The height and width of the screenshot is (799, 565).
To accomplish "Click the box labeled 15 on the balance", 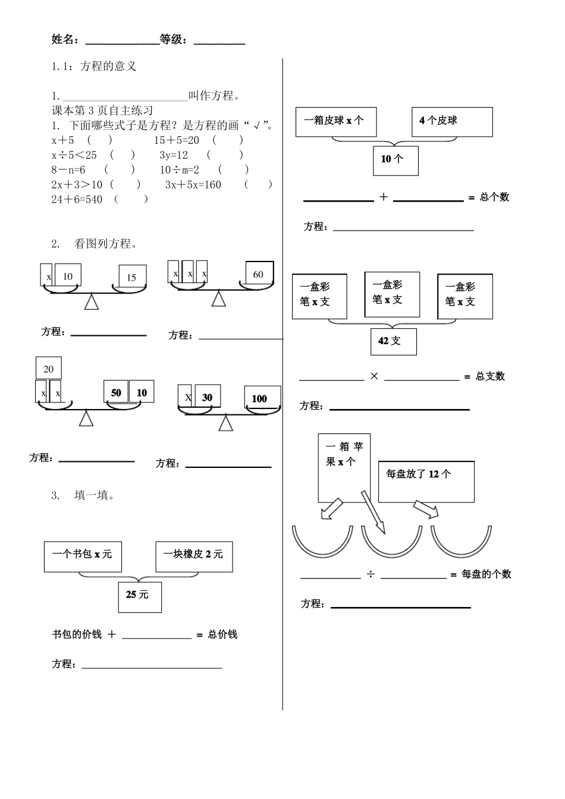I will coord(132,277).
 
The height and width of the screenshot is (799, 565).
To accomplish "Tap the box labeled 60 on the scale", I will coord(259,274).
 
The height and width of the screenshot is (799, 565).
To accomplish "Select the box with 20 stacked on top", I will coord(49,369).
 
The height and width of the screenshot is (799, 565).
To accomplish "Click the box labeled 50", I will coord(116,393).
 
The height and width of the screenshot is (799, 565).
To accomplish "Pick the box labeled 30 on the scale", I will coord(206,398).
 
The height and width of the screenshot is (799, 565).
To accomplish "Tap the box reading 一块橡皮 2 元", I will coord(194,556).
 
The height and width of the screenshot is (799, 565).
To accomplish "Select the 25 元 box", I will coord(139,595).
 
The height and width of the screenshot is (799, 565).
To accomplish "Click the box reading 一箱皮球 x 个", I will coord(336,121).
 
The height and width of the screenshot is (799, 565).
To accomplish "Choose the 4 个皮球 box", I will coord(452,121).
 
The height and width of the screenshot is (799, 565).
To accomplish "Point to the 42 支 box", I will coord(393,341).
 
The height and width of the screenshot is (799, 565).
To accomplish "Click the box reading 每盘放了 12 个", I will coord(426,482).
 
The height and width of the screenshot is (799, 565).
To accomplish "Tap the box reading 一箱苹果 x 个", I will coord(344,467).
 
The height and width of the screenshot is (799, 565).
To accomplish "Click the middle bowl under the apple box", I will coord(391,544).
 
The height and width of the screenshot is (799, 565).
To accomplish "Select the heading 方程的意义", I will coord(108,66).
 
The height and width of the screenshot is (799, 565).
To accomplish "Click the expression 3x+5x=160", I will coord(193,185).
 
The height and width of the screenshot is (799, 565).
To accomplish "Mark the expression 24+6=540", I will coord(77,199).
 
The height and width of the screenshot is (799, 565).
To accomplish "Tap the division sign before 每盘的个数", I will coord(371,574).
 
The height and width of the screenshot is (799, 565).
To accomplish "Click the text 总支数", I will coord(491,376).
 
